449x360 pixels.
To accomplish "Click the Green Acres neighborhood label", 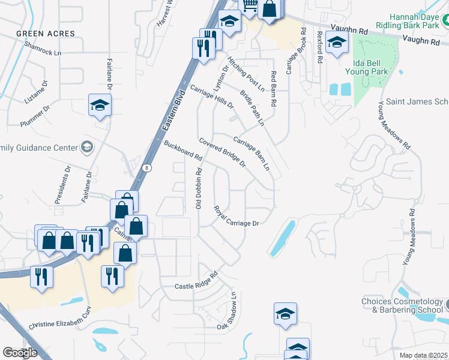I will [x=46, y=34].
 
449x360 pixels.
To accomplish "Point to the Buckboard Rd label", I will [x=182, y=150].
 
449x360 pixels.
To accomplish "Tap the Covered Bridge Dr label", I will [x=223, y=153].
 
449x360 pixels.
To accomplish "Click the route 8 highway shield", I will [x=147, y=169].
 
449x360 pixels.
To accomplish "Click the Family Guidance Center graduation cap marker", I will [x=87, y=147].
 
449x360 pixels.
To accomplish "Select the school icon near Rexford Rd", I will [x=337, y=43].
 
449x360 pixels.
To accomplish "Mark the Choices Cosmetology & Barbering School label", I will [x=402, y=305].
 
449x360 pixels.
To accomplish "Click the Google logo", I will [x=20, y=352].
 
